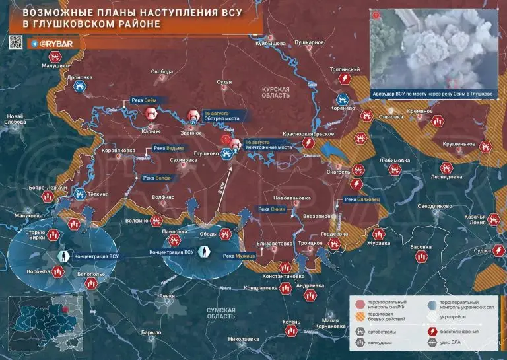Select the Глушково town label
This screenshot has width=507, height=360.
(x=206, y=153)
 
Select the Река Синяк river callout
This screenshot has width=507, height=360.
(x=272, y=209)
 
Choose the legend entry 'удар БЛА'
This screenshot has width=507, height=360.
(x=456, y=342)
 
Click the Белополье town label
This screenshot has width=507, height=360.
(x=91, y=273)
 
